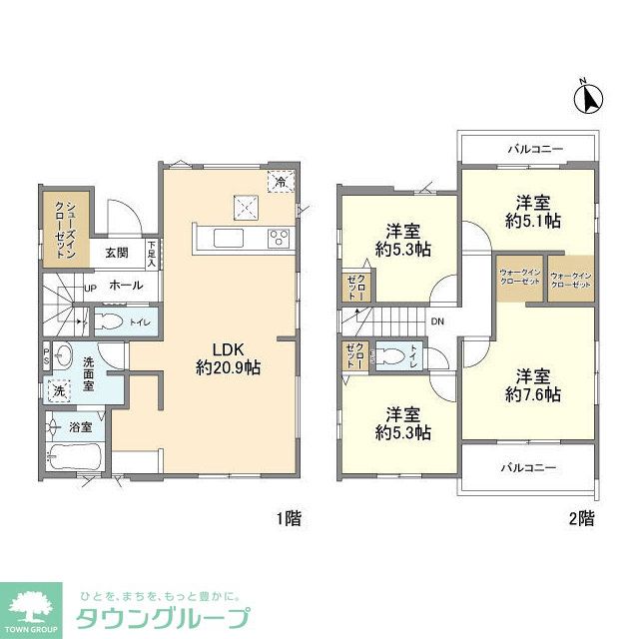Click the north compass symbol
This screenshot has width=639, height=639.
pos(589,99)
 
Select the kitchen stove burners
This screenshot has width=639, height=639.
pos(279,238)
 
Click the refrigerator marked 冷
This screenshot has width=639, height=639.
pos(282,182)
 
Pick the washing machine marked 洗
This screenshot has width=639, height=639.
pos(61,392)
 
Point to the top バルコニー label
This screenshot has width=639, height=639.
pos(534,150)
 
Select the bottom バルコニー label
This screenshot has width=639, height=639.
pos(529,467)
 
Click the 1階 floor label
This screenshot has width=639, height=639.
pos(289,518)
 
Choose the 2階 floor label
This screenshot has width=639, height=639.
pos(582,518)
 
